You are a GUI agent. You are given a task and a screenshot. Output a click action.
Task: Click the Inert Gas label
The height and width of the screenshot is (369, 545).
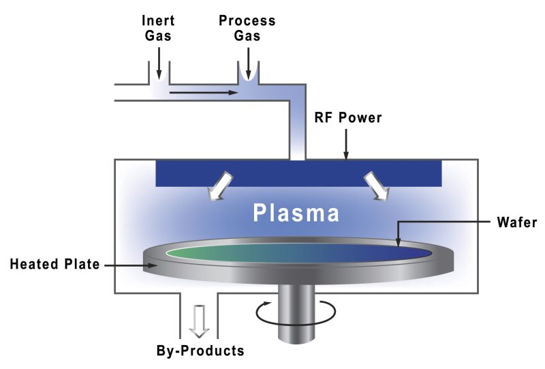coord(158,28)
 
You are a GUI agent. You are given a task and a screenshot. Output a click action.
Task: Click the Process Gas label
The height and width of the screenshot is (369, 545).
coord(247,28)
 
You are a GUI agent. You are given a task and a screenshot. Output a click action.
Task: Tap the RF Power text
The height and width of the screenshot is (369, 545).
coord(347,118)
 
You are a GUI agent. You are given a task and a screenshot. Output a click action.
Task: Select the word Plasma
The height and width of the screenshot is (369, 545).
coord(296,213)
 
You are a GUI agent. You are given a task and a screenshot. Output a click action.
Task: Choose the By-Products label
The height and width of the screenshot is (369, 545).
coord(199,352)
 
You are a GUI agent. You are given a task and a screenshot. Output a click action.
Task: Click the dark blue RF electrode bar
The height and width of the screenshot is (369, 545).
coord(299,173)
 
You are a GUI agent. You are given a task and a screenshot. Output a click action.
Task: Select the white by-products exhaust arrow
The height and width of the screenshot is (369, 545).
coord(198,321)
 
